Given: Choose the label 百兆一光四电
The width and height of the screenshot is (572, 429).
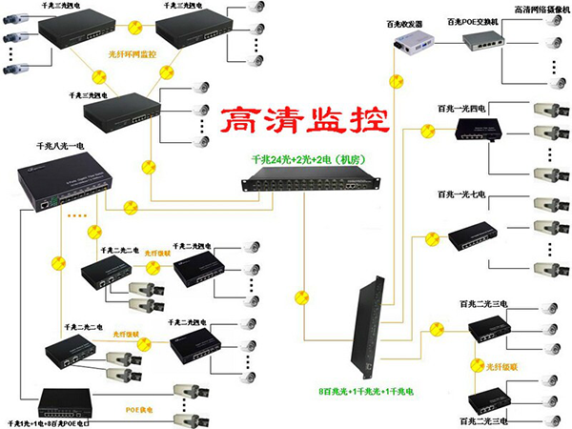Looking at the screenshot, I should tap(461, 110).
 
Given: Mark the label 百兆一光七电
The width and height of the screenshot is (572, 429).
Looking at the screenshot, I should tap(461, 194).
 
